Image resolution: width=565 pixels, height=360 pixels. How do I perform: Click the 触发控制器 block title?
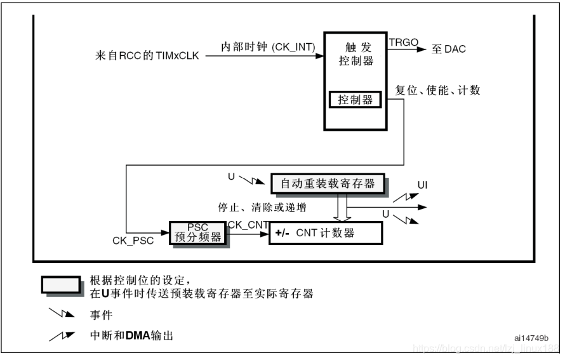pos(355,55)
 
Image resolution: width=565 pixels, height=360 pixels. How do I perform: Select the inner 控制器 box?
pos(355,100)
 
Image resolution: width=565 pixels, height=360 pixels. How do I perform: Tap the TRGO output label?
pos(404,42)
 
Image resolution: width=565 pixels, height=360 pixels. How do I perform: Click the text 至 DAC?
pos(449,49)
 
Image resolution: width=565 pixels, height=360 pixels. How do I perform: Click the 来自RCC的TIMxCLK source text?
pos(147,57)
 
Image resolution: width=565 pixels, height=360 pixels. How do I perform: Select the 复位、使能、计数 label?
pos(437,90)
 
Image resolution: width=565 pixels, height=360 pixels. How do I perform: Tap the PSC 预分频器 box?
pos(198,233)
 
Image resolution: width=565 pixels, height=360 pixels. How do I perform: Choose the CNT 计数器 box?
pos(326,233)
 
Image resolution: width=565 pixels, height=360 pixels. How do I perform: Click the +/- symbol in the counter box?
pos(282,233)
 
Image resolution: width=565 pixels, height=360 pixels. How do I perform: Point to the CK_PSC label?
pos(133,241)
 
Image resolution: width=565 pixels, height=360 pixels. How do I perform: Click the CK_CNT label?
pos(248,224)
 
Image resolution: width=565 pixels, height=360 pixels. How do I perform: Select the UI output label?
pos(422,185)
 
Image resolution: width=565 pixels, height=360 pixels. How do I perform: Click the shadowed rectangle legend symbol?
pos(61,284)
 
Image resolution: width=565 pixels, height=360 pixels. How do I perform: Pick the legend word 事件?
pos(102,314)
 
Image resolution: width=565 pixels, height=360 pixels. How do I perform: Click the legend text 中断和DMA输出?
pos(131,335)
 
